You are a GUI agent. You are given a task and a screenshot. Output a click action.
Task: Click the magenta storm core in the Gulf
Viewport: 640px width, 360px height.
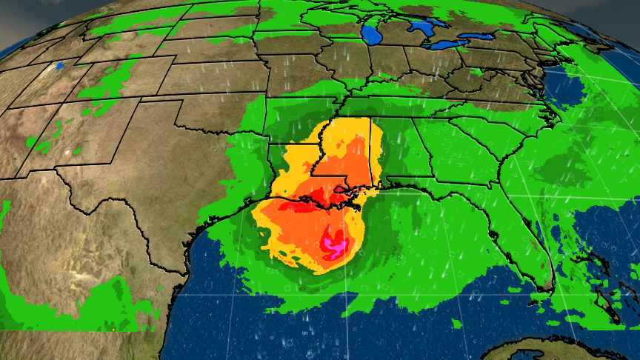(x=334, y=242)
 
